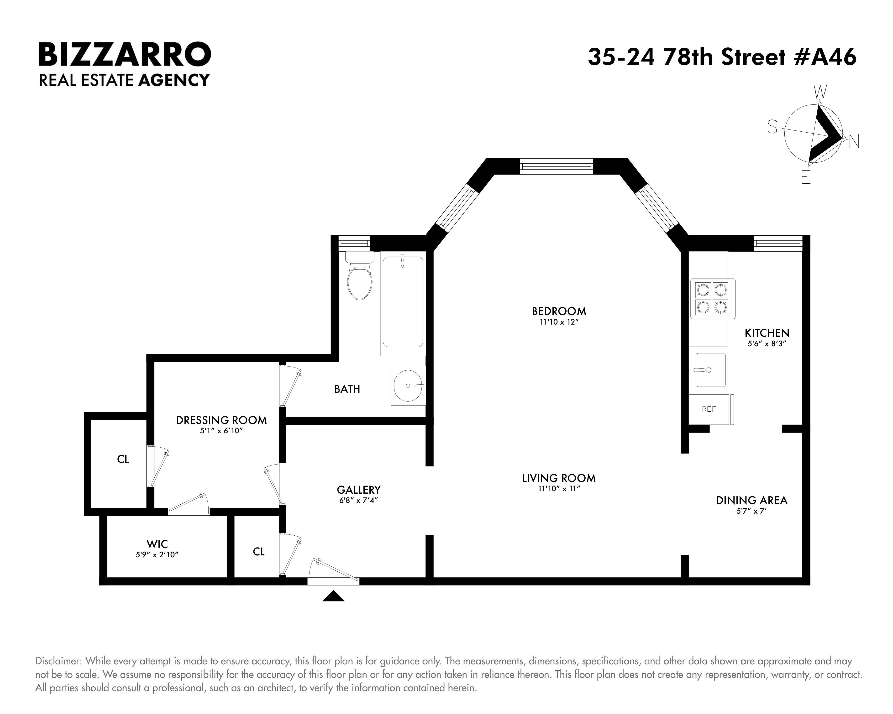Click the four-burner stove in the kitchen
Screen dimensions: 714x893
712,298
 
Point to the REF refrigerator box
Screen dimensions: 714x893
709,409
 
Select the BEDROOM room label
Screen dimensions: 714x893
559,311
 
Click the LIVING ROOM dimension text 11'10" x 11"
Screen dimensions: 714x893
559,489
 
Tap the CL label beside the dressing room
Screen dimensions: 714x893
123,459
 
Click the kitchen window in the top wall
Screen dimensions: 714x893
777,243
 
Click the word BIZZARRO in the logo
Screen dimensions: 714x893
125,54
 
